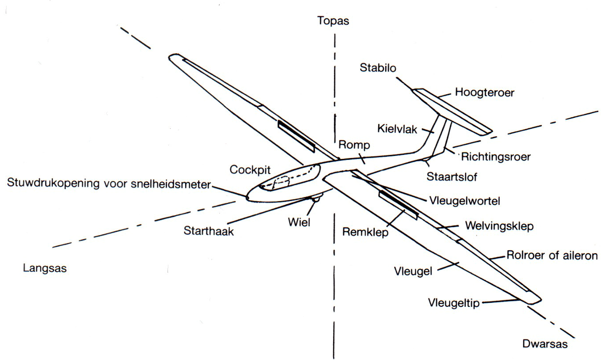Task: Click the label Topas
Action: tap(333, 21)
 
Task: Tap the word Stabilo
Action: tap(378, 68)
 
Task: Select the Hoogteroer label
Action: tap(485, 93)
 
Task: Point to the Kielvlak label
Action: tap(397, 129)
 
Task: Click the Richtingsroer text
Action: tap(496, 157)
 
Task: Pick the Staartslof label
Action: tap(452, 177)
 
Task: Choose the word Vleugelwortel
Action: tap(465, 201)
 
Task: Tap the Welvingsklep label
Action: tap(499, 226)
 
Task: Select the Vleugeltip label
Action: tap(454, 303)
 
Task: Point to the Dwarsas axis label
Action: tap(545, 344)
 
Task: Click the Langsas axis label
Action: tap(45, 268)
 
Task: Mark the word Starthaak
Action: tap(209, 231)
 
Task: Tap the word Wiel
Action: tap(299, 222)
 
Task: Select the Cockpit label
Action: tap(250, 170)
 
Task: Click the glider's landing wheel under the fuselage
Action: tap(316, 199)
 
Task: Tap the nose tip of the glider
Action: tap(247, 198)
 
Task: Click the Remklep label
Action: tap(365, 232)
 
